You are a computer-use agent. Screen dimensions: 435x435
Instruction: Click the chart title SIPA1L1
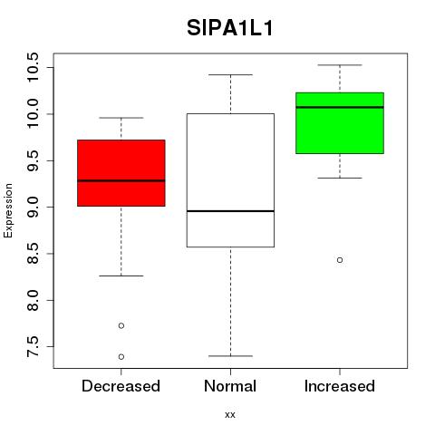230,28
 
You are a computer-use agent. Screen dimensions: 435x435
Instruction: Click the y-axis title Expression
8,210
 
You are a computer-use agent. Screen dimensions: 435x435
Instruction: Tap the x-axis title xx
230,414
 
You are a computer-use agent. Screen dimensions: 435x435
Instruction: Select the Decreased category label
121,386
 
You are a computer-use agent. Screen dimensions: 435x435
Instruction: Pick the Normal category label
230,386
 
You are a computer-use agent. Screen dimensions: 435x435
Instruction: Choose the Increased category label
340,386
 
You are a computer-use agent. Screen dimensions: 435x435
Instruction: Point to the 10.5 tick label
33,67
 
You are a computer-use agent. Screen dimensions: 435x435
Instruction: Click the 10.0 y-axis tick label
33,114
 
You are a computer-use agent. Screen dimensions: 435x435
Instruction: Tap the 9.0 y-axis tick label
33,207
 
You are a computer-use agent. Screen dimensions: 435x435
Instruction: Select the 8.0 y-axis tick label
33,300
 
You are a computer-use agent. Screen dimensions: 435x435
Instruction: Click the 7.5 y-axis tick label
33,347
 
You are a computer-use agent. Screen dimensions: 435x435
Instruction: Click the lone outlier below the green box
340,260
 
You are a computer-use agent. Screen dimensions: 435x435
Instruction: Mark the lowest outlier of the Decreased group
121,357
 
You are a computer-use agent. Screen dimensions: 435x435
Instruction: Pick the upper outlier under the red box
121,325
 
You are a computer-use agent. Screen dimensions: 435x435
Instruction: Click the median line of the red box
121,180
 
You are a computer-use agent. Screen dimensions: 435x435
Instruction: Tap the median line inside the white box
230,211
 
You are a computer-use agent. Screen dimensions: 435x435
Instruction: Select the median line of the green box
340,107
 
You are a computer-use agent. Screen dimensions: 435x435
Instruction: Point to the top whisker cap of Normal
230,74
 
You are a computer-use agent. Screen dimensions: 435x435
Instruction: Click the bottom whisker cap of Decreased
121,275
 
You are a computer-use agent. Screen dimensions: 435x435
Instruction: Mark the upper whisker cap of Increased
340,65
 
